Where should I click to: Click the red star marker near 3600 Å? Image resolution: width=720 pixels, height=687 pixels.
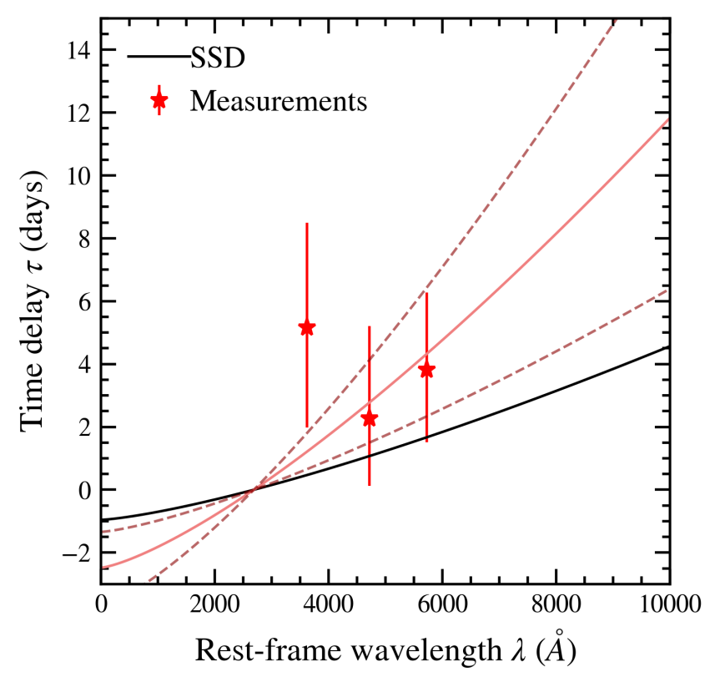tap(306, 327)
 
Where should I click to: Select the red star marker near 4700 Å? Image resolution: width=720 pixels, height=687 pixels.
tap(369, 418)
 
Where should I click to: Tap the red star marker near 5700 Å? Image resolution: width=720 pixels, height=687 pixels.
tap(426, 370)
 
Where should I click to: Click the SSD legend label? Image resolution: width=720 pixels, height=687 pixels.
tap(217, 58)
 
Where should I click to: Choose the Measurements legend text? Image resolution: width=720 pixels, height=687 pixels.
tap(279, 102)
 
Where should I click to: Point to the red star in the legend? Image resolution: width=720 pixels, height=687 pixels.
tap(159, 101)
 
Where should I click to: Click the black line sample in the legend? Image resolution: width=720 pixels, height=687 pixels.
tap(158, 58)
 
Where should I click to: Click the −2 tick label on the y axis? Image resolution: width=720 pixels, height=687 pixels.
tap(76, 553)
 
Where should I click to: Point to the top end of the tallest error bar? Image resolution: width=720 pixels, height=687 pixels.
tap(306, 224)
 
